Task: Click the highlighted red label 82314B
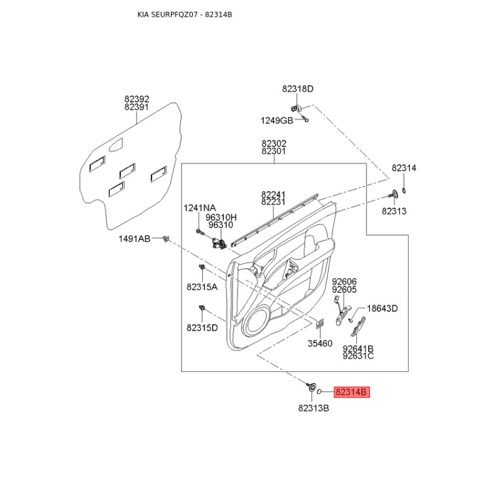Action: coord(352,392)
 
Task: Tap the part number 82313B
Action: coord(314,408)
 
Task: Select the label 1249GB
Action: coord(277,120)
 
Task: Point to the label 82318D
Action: coord(298,89)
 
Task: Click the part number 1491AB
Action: coord(134,239)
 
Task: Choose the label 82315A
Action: coord(202,287)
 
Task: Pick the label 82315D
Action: coord(202,328)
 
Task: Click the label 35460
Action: coord(320,344)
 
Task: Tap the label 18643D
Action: coord(382,308)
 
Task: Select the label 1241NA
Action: coord(200,208)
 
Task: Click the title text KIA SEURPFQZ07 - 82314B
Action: coord(185,14)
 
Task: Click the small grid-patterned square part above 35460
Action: coord(319,324)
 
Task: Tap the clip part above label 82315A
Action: coord(201,267)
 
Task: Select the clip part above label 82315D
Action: coord(201,308)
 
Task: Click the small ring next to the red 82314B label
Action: coord(320,392)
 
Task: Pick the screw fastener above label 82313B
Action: coord(311,387)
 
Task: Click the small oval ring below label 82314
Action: coord(404,191)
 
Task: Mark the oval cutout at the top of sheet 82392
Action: coord(116,145)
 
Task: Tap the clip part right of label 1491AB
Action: coord(165,238)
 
